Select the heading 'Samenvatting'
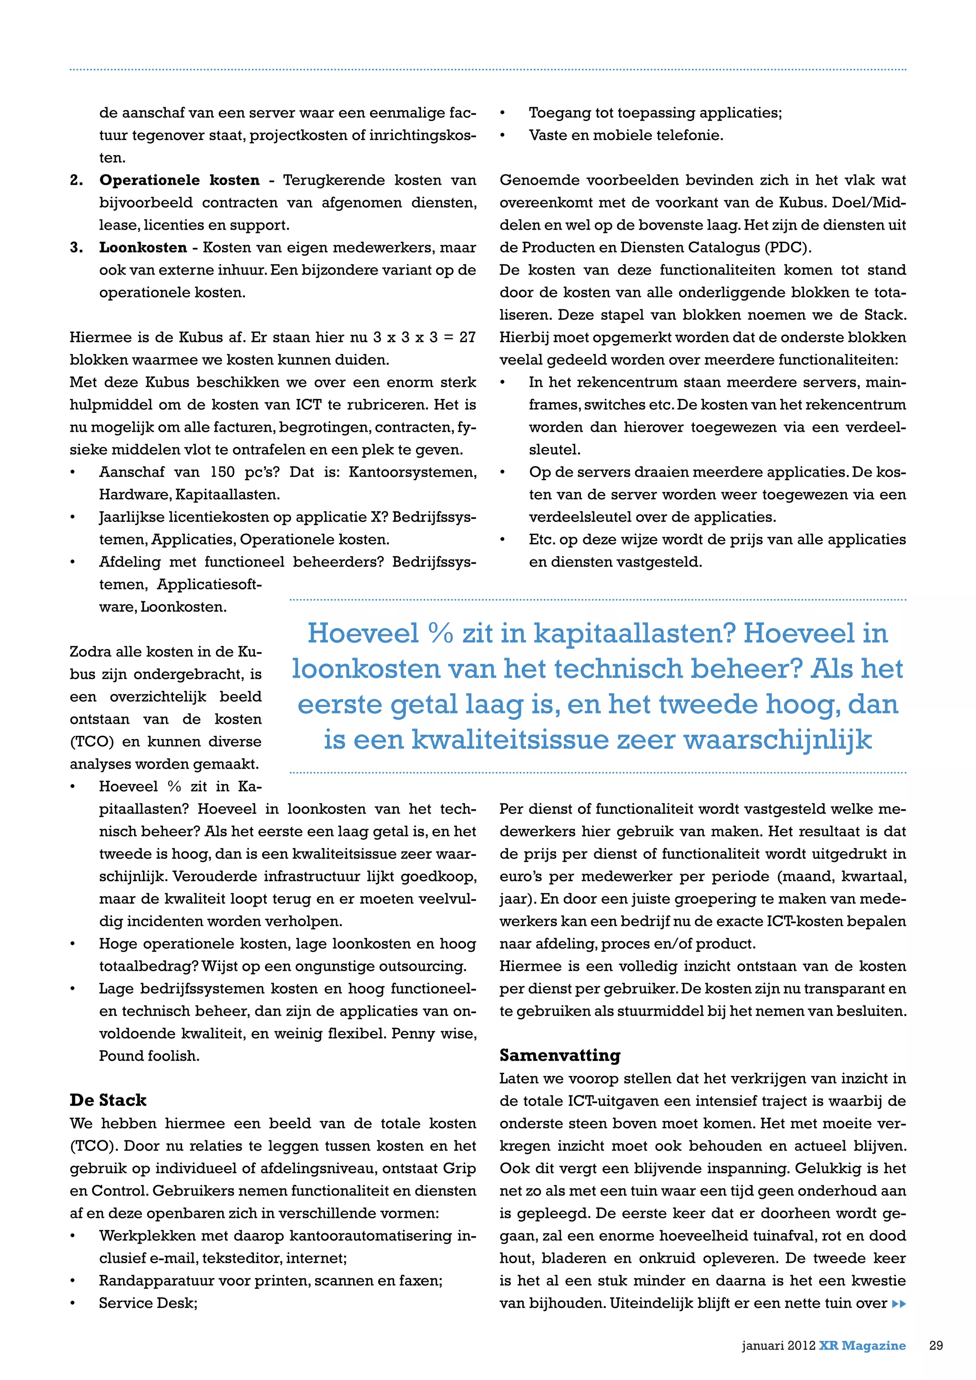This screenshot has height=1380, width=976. (559, 1055)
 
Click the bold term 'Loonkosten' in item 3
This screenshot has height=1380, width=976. (143, 248)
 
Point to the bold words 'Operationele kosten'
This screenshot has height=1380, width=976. (179, 180)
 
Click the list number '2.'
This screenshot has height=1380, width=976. (76, 180)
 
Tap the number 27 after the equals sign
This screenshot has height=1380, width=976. (468, 337)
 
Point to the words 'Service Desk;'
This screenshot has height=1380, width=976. (148, 1303)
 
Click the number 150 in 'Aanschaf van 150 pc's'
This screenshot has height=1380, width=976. (223, 472)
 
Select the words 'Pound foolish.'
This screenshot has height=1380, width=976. (148, 1056)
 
